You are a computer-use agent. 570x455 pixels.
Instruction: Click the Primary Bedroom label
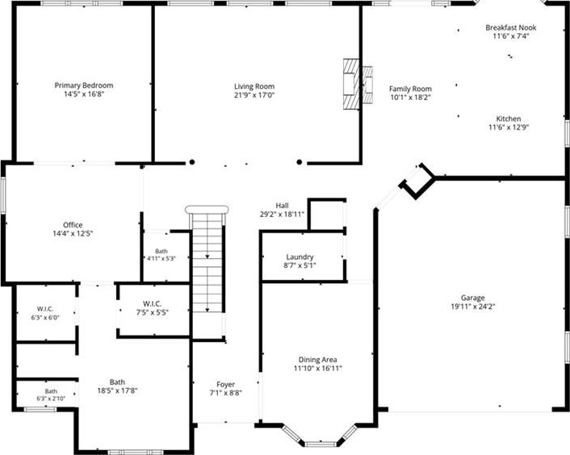[x=84, y=86]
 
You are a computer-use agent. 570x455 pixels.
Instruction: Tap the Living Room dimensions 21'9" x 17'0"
[x=254, y=95]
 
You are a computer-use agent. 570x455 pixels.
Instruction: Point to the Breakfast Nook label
[x=511, y=27]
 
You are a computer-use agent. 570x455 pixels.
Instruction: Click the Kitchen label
[x=509, y=119]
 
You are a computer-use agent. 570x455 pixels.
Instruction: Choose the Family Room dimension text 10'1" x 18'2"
[x=410, y=98]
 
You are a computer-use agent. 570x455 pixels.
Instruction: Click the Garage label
[x=472, y=298]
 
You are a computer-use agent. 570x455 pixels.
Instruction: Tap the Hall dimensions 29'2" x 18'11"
[x=282, y=215]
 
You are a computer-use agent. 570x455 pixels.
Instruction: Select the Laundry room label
[x=300, y=257]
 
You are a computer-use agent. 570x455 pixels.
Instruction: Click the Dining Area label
[x=318, y=360]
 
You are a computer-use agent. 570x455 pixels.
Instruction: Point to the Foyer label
[x=226, y=384]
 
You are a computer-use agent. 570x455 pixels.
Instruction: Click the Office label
[x=73, y=225]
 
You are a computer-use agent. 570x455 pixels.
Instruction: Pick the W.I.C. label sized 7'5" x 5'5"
[x=153, y=303]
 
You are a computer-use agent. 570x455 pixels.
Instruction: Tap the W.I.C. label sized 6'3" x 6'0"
[x=45, y=309]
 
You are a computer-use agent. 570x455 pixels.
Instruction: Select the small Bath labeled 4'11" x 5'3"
[x=161, y=251]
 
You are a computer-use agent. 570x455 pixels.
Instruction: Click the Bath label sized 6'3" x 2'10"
[x=51, y=391]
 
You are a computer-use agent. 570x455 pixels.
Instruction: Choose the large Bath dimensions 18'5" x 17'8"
[x=117, y=390]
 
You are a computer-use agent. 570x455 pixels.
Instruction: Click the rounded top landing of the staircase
[x=207, y=210]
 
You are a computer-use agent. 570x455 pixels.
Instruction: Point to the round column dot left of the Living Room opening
[x=192, y=162]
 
